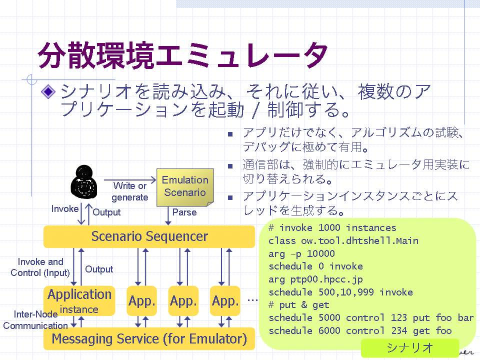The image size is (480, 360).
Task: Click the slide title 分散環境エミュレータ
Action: pos(183,55)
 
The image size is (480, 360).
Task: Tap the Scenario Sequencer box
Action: pos(149,236)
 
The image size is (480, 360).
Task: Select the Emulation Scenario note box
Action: pos(185,187)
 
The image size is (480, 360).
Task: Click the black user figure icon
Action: pos(84,182)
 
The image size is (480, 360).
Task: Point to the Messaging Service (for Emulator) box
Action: pos(149,338)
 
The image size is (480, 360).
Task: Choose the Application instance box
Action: pos(79,300)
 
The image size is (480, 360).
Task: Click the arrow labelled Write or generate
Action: pos(130,180)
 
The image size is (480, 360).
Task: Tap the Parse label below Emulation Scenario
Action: pos(184,212)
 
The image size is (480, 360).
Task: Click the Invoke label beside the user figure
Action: pos(65,209)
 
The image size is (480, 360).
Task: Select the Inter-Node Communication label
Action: pos(35,320)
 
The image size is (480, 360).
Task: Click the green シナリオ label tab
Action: pos(410,348)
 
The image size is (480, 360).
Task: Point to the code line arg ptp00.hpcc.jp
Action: pos(315,279)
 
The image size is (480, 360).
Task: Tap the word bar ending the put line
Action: pos(465,318)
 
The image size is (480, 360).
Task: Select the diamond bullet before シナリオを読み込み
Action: pos(48,91)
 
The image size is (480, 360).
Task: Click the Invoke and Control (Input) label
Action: pos(40,267)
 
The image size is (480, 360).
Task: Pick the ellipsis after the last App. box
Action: pos(252,300)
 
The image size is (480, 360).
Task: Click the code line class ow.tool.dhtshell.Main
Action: pos(343,241)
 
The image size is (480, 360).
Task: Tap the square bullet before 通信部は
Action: pos(230,166)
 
